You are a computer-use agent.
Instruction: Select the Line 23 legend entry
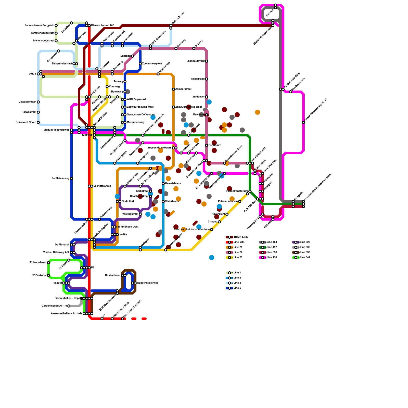(238, 258)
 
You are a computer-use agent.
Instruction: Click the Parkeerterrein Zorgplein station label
(40, 25)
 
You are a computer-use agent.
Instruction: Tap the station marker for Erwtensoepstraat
(56, 41)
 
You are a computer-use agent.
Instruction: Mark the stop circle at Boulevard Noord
(38, 122)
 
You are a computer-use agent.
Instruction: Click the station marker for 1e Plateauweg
(71, 178)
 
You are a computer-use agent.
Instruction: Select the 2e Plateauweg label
(102, 186)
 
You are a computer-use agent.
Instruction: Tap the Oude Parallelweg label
(148, 283)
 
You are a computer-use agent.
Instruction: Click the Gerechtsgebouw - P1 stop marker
(69, 306)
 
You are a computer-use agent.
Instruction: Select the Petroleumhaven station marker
(240, 201)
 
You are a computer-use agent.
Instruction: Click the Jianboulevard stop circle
(207, 61)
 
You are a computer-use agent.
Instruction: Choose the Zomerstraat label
(183, 89)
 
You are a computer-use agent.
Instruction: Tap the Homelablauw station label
(173, 184)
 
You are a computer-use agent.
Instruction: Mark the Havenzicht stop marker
(227, 214)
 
